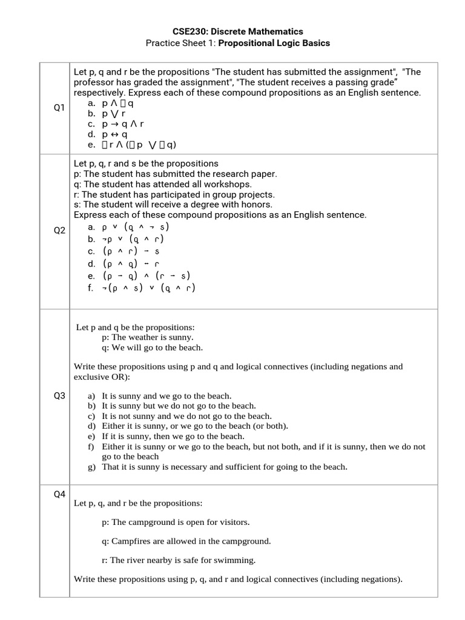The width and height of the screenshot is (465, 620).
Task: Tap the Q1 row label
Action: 59,108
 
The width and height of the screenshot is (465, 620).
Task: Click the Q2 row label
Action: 59,231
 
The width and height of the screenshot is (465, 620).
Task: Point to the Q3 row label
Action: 59,395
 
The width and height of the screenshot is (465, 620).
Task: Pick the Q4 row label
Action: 59,494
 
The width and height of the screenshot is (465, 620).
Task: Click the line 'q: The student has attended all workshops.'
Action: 162,184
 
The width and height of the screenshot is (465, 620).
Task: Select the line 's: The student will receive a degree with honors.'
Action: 173,205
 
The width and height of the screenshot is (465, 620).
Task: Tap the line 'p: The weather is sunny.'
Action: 148,337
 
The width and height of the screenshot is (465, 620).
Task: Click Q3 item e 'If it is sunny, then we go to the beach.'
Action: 173,436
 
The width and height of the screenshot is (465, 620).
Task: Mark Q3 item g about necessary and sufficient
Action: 225,467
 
